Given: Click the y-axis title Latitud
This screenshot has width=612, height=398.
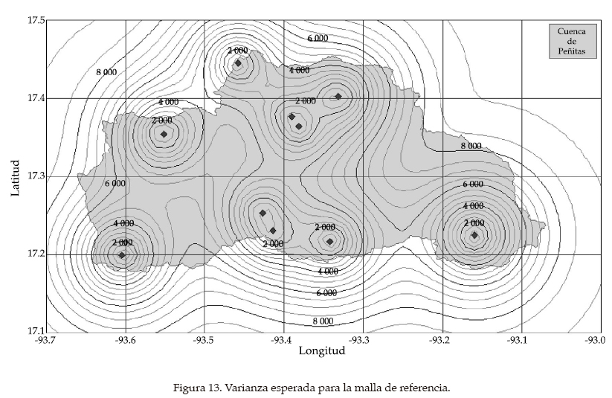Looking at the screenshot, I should click(x=16, y=176).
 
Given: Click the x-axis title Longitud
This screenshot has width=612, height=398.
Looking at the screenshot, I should click(x=322, y=352).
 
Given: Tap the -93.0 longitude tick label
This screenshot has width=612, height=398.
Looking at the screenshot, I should click(x=595, y=341).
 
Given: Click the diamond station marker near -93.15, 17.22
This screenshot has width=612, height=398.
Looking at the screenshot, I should click(x=474, y=235).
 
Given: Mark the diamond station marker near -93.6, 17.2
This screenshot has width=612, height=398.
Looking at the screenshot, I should click(x=122, y=255).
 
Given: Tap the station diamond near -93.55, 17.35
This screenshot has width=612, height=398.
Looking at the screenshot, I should click(x=164, y=134).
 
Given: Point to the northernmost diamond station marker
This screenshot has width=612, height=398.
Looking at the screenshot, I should click(x=238, y=63).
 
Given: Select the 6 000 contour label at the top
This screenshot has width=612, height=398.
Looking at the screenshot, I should click(x=318, y=38).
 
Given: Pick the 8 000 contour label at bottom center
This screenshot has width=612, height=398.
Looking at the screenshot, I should click(x=322, y=321).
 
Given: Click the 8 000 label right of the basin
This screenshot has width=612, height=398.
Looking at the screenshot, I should click(x=471, y=147).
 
